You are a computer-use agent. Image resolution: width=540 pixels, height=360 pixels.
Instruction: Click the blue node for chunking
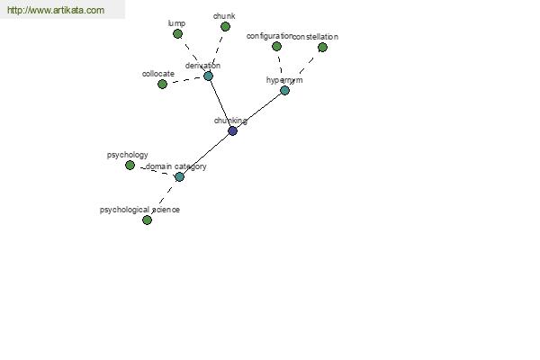232,130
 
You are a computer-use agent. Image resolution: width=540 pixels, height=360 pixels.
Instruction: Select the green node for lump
177,34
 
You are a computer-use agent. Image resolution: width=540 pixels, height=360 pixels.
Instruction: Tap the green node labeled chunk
225,26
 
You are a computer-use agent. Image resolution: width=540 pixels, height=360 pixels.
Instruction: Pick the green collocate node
162,84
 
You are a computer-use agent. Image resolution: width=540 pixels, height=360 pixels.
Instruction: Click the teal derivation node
208,76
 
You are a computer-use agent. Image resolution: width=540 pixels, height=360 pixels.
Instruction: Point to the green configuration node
276,46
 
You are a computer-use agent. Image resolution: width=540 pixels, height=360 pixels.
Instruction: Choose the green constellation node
322,47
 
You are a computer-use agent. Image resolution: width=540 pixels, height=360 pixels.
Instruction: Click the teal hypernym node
284,91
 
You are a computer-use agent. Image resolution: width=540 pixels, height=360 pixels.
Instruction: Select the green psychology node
130,166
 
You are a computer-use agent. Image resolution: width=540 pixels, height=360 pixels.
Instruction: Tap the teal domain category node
179,177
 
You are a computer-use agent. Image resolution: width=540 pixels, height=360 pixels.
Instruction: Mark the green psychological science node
147,220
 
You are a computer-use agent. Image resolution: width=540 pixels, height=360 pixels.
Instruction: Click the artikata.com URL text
56,10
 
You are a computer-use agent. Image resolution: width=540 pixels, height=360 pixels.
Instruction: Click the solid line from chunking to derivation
220,103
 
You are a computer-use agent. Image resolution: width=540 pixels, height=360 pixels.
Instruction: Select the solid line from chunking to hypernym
258,111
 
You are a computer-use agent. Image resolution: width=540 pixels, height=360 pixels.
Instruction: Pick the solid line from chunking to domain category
206,154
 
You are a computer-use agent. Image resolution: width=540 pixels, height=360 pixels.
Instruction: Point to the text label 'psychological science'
139,210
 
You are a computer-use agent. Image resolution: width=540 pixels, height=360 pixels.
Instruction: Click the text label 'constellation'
316,37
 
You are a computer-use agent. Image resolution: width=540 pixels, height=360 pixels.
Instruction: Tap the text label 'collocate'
158,74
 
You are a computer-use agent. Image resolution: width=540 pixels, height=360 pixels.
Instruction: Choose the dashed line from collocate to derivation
185,80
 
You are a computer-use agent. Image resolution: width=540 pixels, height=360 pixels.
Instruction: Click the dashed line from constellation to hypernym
302,70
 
